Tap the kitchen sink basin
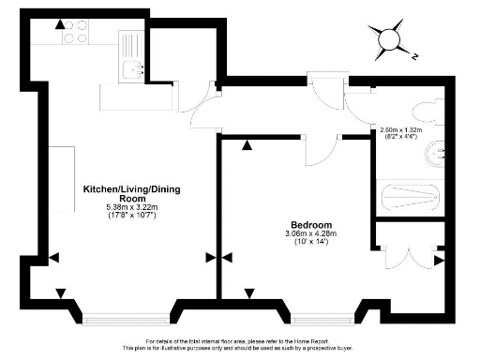pos(133,67)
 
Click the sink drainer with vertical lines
pos(128,43)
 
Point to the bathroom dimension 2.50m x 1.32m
pos(402,127)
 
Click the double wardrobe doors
pos(407,256)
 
